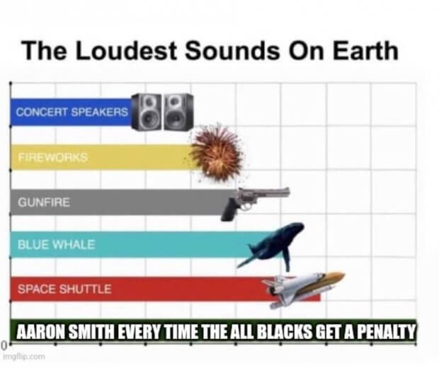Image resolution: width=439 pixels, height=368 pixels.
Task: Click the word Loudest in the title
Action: tap(125, 50)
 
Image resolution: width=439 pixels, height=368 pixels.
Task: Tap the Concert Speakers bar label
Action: tap(72, 113)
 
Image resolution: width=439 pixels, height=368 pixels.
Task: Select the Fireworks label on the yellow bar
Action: tap(53, 157)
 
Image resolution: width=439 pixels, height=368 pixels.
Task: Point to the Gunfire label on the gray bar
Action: tap(44, 202)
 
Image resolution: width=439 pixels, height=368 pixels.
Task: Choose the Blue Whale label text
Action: tap(56, 245)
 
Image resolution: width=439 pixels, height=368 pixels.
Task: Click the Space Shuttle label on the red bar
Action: tap(64, 289)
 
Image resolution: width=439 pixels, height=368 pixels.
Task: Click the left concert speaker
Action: tap(147, 112)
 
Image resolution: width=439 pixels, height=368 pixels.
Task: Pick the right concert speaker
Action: tap(178, 112)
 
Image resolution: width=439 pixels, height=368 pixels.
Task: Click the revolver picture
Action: tap(255, 203)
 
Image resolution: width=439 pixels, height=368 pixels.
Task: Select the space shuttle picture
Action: tap(303, 288)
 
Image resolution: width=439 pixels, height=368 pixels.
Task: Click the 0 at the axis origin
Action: tap(4, 345)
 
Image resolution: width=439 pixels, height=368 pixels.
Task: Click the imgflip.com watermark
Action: tap(24, 357)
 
